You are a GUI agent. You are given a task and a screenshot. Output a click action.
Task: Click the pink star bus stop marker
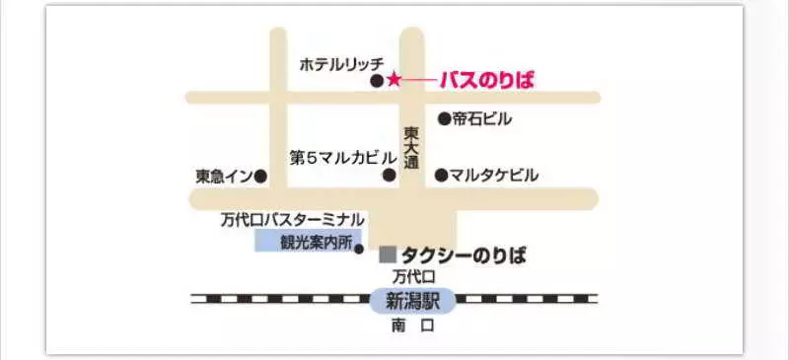394,79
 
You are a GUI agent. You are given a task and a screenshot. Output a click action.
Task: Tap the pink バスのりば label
486,80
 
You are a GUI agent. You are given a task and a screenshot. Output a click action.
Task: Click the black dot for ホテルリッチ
376,81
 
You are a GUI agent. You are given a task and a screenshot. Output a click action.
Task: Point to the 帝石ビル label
482,119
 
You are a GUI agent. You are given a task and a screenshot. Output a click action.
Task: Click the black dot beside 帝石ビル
444,119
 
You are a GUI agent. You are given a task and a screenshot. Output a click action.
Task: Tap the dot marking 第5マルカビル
389,176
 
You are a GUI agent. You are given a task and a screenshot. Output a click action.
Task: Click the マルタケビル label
493,176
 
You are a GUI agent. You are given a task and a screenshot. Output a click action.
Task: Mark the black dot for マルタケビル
441,176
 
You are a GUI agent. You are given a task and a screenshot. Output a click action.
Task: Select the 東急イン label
224,177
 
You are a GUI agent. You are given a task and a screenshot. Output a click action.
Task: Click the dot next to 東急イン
260,177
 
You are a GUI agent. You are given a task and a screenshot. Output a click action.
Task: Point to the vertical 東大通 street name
411,150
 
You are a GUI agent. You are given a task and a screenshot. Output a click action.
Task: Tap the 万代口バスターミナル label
293,219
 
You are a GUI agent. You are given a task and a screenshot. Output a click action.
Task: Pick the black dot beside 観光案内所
359,250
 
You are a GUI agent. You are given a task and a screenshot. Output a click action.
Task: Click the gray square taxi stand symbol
388,254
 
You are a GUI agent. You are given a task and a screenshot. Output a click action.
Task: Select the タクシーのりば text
463,255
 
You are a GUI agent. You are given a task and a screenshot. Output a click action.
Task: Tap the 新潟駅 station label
412,299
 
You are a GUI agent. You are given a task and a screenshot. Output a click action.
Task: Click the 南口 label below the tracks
411,325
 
